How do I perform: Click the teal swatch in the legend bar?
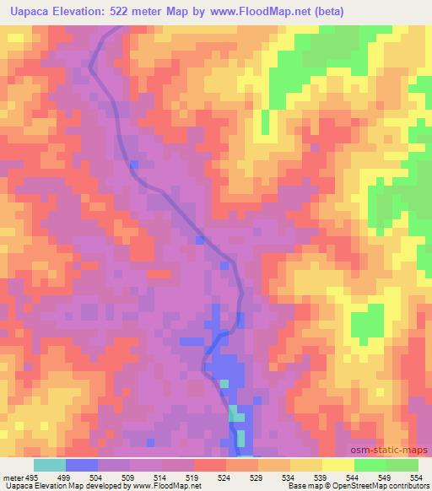point(50,465)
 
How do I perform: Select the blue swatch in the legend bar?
point(82,465)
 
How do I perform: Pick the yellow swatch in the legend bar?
point(338,465)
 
